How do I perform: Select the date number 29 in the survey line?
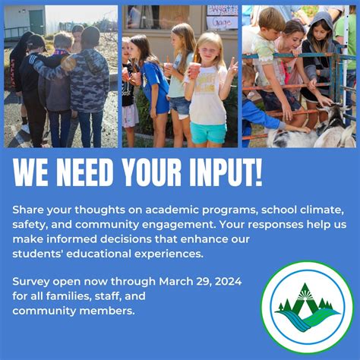point(204,282)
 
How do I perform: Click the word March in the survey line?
point(176,281)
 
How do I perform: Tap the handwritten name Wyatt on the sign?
point(223,11)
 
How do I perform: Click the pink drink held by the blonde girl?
point(194,71)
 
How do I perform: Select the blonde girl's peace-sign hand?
point(233,67)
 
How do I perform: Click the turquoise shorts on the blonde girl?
point(208,132)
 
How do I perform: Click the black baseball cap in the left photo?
point(37,42)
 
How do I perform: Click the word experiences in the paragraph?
point(169,254)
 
